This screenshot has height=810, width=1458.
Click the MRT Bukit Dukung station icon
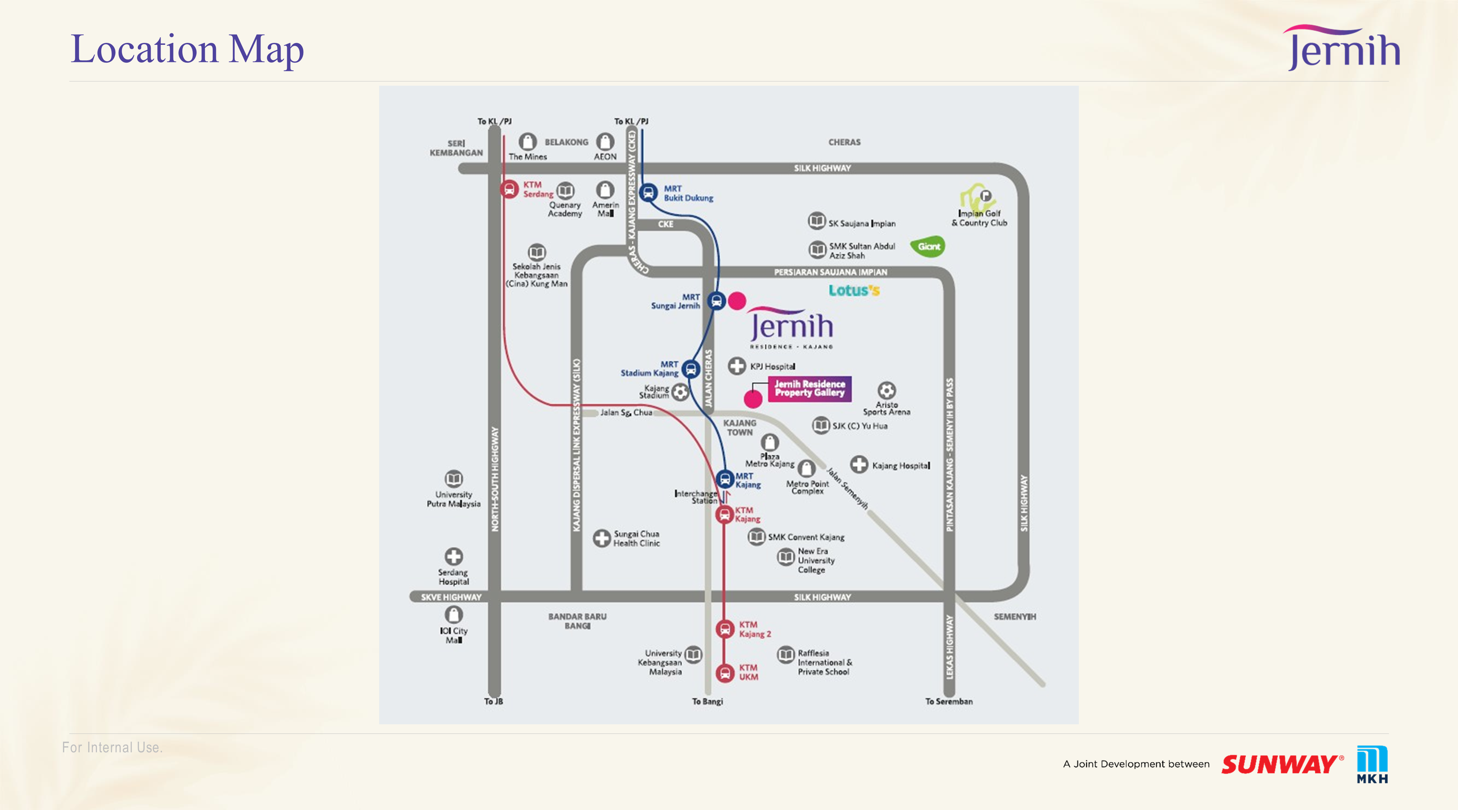click(648, 193)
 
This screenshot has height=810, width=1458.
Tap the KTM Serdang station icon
click(509, 189)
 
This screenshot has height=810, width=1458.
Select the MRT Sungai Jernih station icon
click(716, 301)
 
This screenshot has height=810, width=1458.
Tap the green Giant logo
click(928, 246)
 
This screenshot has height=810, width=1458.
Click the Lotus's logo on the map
click(854, 290)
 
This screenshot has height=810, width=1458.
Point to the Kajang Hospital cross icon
click(859, 465)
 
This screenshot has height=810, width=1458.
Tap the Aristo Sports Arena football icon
click(886, 391)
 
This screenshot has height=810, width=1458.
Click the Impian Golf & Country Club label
click(979, 218)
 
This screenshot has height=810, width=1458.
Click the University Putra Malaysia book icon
click(453, 479)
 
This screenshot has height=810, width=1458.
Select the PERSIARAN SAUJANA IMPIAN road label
click(830, 272)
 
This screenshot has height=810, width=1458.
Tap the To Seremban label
click(949, 701)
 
